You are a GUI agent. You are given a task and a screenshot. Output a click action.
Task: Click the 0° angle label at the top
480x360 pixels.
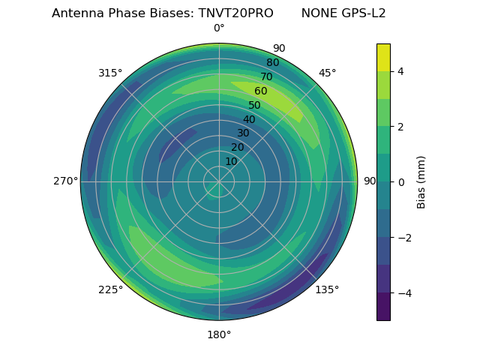click(x=219, y=28)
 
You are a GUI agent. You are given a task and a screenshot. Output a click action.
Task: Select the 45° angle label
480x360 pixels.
click(x=327, y=73)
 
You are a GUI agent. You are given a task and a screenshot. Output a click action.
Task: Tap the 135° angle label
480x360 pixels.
click(x=327, y=289)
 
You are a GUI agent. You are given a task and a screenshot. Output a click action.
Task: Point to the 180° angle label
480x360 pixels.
click(x=219, y=334)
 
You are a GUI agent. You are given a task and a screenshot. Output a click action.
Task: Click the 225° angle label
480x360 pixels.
click(x=110, y=290)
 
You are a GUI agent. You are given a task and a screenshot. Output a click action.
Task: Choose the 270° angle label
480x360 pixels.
click(x=66, y=181)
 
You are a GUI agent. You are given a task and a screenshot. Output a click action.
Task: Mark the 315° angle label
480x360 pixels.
click(x=110, y=73)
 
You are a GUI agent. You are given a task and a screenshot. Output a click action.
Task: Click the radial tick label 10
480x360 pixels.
click(x=231, y=161)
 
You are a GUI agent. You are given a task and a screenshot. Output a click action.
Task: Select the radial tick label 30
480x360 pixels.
click(x=243, y=133)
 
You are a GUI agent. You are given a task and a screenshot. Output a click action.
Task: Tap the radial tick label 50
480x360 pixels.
click(x=255, y=105)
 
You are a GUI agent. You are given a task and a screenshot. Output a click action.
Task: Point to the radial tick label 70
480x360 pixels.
click(x=266, y=76)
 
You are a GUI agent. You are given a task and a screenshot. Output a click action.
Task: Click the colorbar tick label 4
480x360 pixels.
click(x=400, y=71)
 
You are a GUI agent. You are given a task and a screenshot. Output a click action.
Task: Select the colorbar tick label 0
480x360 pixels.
click(x=400, y=182)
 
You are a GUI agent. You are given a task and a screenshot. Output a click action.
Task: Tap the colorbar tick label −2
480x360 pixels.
click(x=403, y=238)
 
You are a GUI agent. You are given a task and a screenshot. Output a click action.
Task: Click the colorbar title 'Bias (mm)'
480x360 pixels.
click(x=421, y=182)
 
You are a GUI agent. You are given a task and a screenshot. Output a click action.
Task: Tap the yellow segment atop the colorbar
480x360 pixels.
click(x=383, y=57)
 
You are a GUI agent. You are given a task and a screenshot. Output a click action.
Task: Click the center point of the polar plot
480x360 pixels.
click(x=219, y=181)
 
